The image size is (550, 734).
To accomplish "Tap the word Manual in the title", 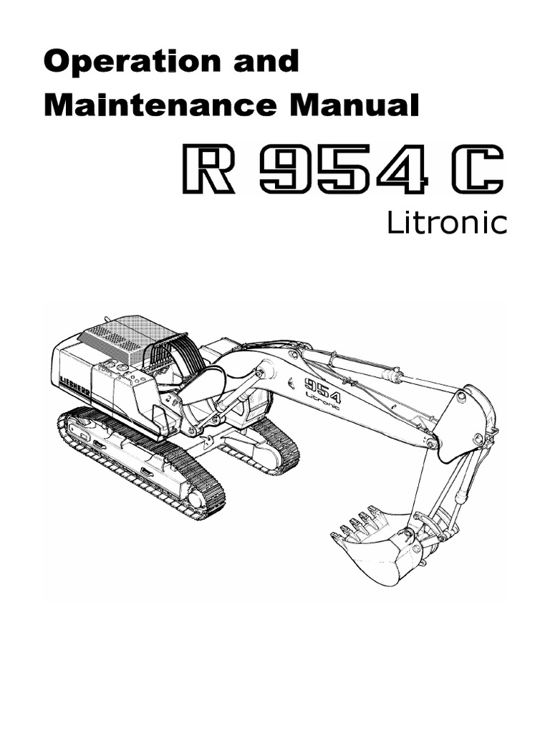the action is click(x=354, y=105).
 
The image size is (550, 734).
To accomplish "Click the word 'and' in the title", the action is click(x=266, y=61).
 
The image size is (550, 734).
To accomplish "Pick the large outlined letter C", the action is click(x=478, y=169).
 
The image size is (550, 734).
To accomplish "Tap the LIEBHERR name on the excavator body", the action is click(x=74, y=386).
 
